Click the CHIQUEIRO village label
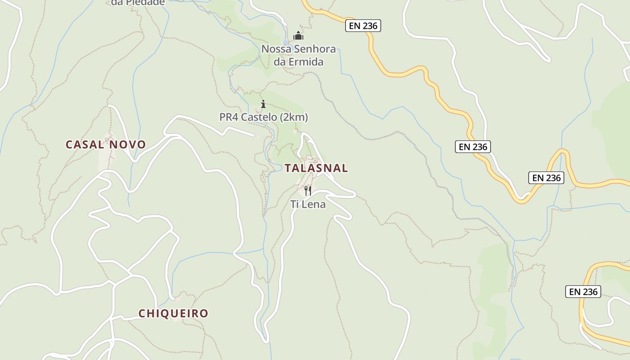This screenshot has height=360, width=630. pyautogui.click(x=173, y=313)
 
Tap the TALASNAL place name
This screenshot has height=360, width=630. pyautogui.click(x=316, y=168)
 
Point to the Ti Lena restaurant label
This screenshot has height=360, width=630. pyautogui.click(x=308, y=204)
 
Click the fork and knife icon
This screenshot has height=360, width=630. pyautogui.click(x=308, y=191)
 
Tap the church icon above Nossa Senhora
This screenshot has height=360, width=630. pyautogui.click(x=298, y=36)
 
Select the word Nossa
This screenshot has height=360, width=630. pyautogui.click(x=275, y=49)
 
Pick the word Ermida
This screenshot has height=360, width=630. pyautogui.click(x=306, y=62)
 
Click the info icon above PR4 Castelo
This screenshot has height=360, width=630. pyautogui.click(x=263, y=104)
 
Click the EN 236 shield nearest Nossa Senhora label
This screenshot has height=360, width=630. pyautogui.click(x=363, y=26)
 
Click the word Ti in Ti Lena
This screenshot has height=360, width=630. pyautogui.click(x=294, y=204)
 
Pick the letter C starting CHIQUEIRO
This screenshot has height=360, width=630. pyautogui.click(x=141, y=313)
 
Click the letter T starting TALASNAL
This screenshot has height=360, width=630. pyautogui.click(x=288, y=168)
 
